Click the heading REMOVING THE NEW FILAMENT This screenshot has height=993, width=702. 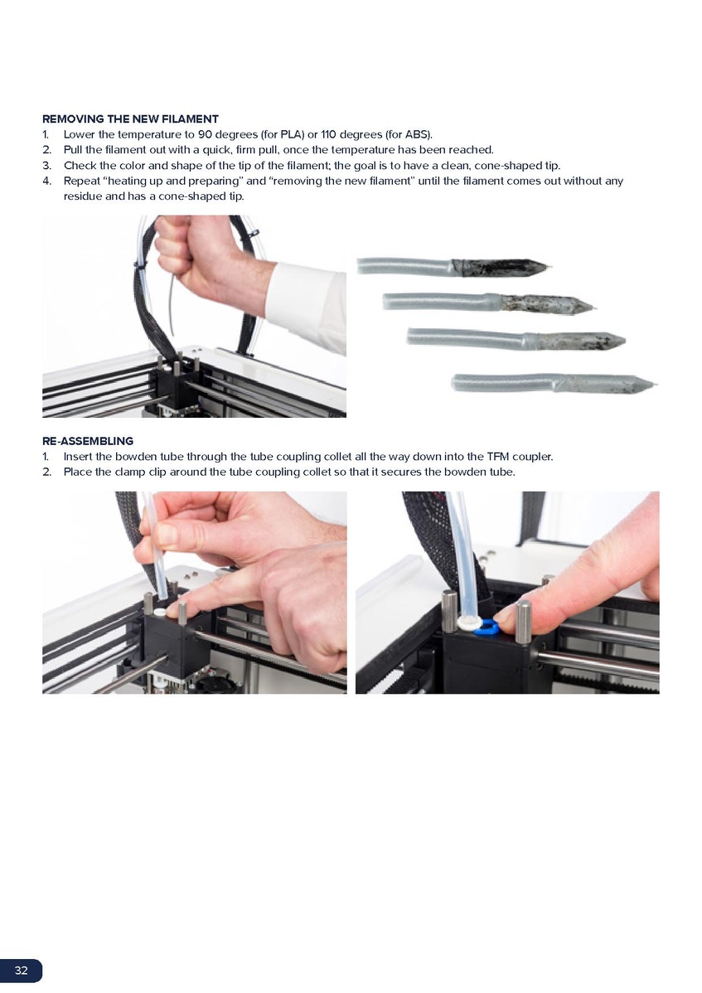130,119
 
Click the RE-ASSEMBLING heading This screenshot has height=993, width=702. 88,441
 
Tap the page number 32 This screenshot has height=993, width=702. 22,970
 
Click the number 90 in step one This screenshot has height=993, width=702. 205,134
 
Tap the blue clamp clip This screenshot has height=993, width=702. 485,627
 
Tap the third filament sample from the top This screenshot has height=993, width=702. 516,339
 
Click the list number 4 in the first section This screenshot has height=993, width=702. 46,181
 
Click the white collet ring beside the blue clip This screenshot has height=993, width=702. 467,623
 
